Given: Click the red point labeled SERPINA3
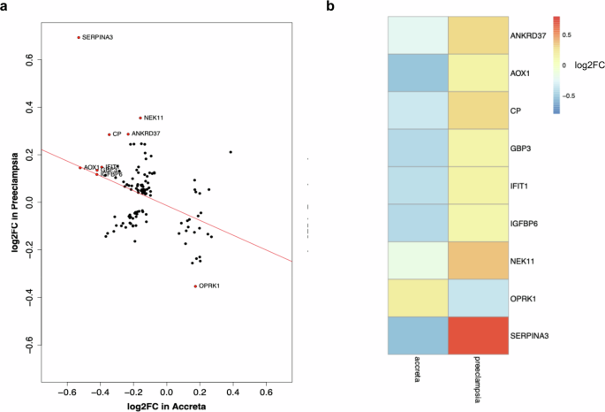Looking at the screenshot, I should pyautogui.click(x=79, y=37).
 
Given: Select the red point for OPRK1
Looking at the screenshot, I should pyautogui.click(x=195, y=286).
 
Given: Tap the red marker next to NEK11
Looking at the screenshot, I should pyautogui.click(x=140, y=118).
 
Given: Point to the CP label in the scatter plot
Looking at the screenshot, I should pyautogui.click(x=117, y=134).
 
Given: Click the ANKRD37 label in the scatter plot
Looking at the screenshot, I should pyautogui.click(x=146, y=134).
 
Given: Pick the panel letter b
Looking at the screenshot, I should pyautogui.click(x=330, y=6).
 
